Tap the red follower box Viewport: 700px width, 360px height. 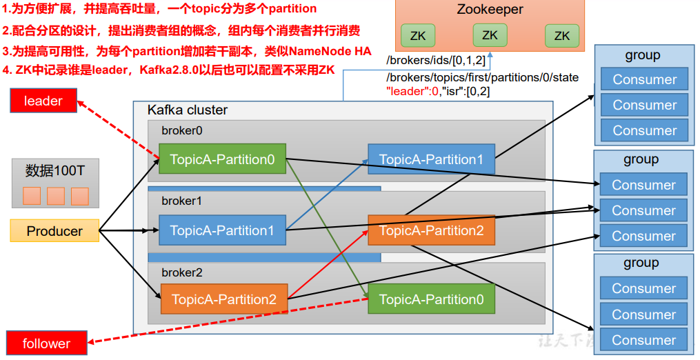46,343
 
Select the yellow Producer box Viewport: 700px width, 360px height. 54,231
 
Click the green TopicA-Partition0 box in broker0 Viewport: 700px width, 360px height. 222,159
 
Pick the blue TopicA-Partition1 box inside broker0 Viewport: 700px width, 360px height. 431,159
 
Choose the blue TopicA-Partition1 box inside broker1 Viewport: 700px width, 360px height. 222,230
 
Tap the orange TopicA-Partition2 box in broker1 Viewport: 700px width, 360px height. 431,230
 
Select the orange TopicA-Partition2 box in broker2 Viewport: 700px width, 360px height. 223,299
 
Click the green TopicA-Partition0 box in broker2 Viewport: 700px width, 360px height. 431,299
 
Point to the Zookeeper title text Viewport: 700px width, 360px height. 490,10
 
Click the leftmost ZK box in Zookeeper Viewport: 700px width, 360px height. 418,35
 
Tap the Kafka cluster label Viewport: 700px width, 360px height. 188,110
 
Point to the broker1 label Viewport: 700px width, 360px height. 181,201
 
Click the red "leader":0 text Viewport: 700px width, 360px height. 413,90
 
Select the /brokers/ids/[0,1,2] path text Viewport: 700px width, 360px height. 436,61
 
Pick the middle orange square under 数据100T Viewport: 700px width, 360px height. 56,196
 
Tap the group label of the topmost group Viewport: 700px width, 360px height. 642,55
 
